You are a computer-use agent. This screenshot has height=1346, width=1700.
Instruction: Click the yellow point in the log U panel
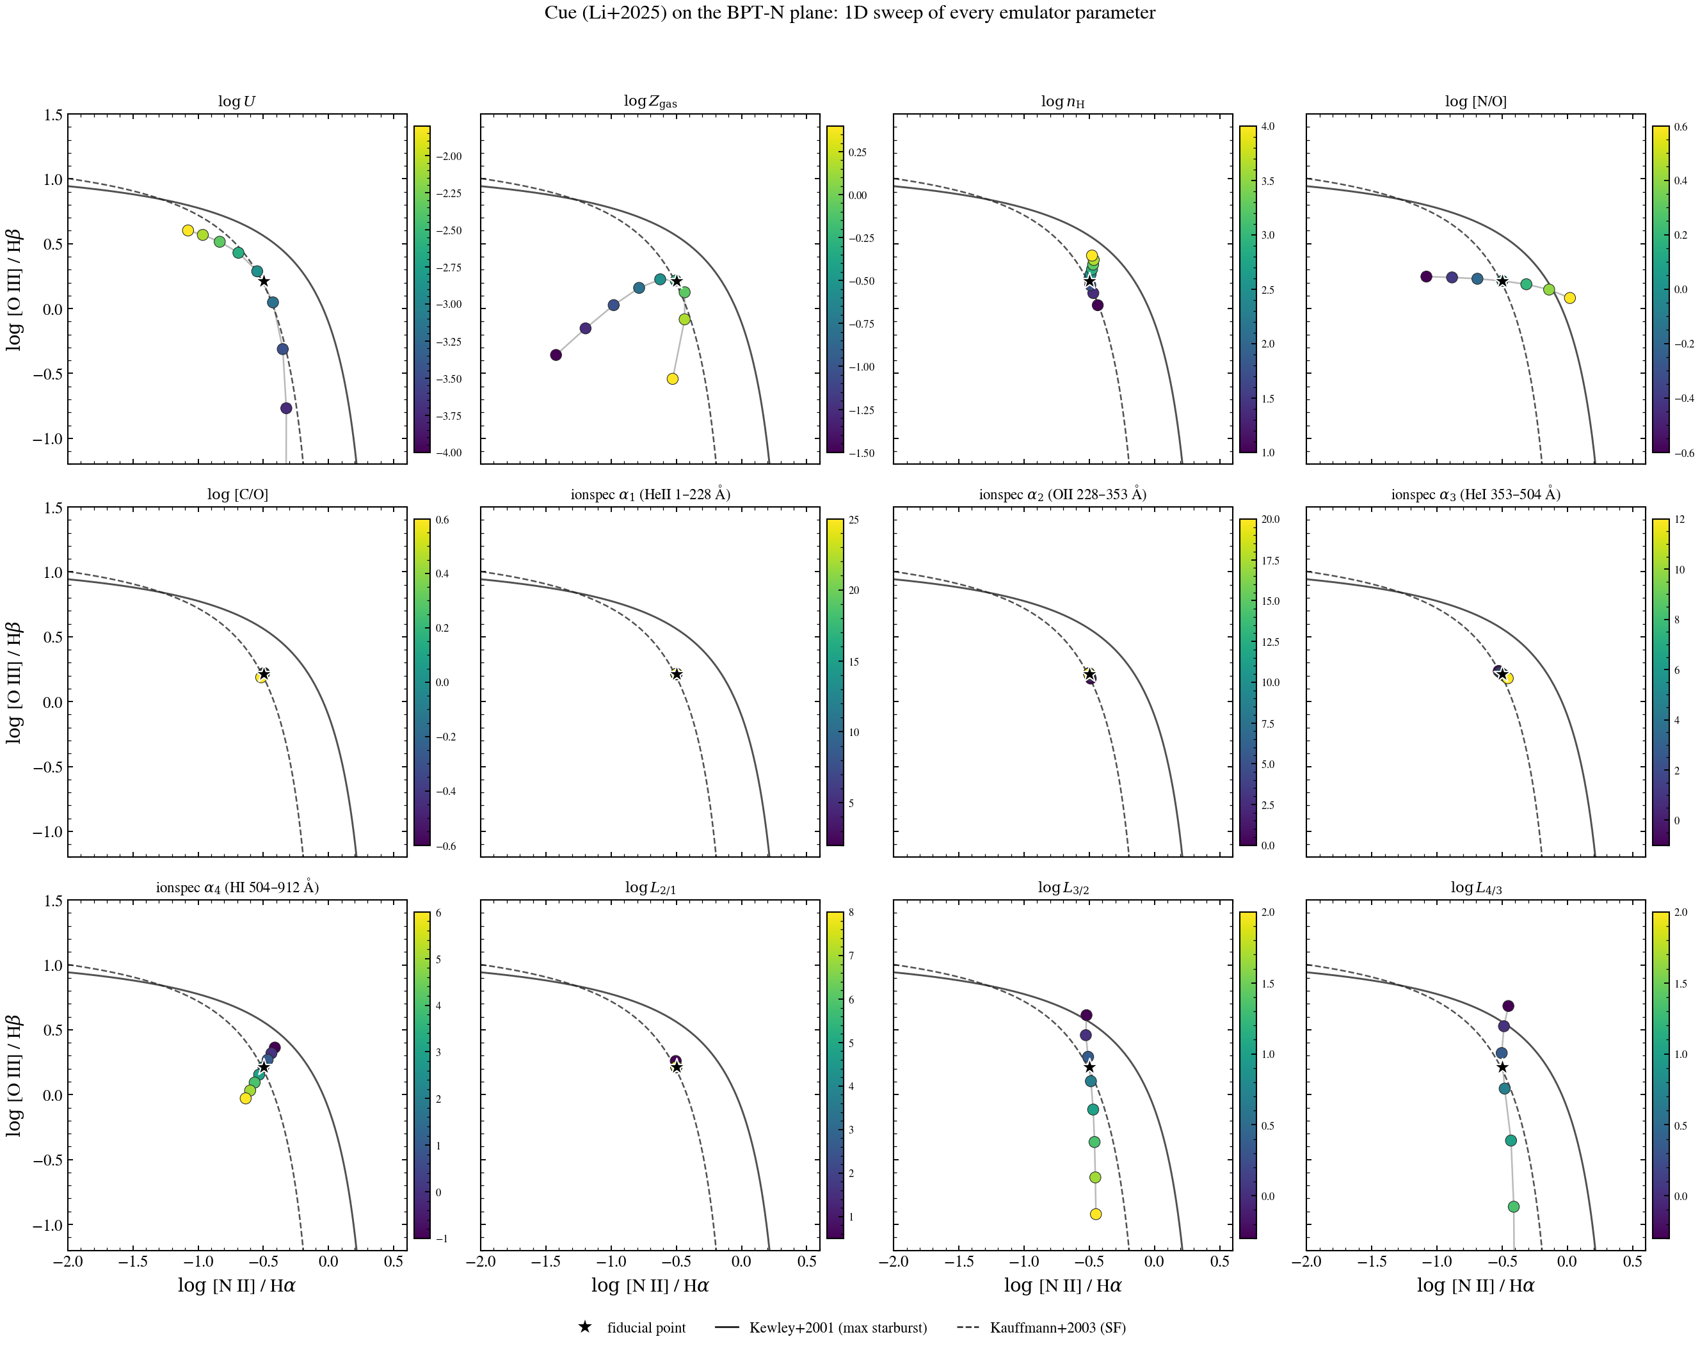188,230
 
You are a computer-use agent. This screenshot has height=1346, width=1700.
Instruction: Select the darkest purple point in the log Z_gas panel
556,355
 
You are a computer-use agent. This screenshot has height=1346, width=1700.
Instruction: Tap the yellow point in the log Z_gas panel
672,379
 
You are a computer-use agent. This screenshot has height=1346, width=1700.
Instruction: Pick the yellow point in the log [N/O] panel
1570,298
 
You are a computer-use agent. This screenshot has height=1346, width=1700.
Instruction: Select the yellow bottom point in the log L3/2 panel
1096,1214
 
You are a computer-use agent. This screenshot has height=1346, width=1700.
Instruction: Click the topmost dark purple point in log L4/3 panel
1509,1006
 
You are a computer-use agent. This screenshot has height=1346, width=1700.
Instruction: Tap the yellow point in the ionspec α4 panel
245,1098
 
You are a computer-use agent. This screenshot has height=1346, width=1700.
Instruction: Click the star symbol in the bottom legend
585,1327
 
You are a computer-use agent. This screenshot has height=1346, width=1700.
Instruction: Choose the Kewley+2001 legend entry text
838,1328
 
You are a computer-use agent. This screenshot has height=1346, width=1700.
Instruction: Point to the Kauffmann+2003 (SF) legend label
1057,1328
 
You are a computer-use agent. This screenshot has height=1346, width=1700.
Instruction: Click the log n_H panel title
1062,102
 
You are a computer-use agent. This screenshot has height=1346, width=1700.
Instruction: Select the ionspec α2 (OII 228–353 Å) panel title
1062,494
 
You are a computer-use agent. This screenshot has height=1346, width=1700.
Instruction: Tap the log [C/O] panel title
237,494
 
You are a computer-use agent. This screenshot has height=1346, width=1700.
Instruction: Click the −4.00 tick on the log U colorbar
449,453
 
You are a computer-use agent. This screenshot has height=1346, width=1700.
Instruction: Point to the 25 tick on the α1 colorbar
854,520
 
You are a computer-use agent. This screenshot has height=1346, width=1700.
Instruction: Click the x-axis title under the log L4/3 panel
1475,1286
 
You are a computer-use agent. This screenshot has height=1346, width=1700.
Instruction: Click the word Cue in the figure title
559,13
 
